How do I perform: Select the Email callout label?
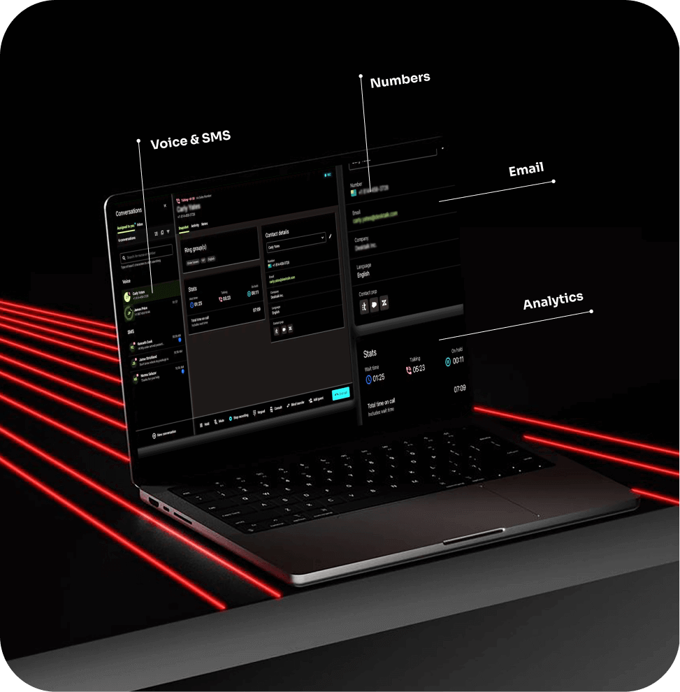coord(526,170)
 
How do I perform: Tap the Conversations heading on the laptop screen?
coord(129,210)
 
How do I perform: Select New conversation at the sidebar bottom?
coord(164,434)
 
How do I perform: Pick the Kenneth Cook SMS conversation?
coord(147,345)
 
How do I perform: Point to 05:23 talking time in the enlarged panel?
coord(418,368)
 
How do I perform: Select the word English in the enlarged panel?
coord(363,275)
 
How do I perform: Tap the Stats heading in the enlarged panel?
coord(370,354)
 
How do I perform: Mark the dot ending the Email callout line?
coord(554,181)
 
